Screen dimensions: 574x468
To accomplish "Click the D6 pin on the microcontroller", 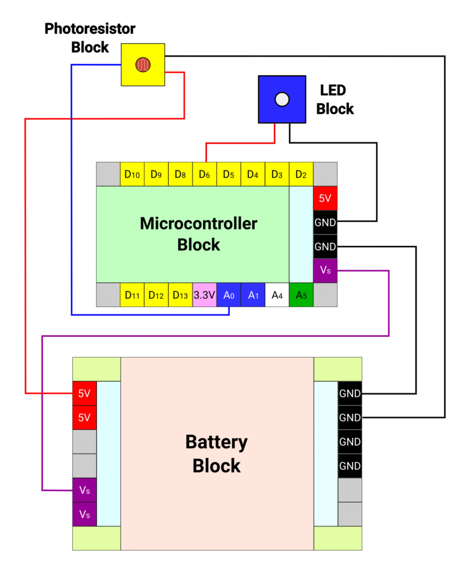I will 204,174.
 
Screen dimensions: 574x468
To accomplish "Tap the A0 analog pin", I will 228,295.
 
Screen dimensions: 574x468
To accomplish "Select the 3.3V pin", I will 204,295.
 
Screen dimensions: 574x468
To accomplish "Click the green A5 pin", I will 301,295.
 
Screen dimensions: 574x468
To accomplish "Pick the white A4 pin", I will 277,295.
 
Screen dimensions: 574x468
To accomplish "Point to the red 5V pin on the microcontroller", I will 325,198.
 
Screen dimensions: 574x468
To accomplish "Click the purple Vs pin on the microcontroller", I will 325,271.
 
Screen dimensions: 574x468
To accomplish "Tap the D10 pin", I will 132,174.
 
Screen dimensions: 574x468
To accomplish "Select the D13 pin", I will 180,295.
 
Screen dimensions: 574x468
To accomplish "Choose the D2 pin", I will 301,174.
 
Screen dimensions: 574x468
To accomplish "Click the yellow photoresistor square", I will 143,64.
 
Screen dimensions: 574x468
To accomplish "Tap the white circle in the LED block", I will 282,99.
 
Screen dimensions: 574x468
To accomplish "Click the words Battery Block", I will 217,454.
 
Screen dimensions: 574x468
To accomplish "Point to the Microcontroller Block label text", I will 199,234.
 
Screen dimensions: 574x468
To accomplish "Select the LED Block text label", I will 335,99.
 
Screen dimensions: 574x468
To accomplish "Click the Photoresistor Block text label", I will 90,38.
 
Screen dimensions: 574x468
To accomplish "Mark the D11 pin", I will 132,295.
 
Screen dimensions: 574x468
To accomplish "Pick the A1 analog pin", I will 253,295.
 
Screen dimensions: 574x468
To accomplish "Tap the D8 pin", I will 180,174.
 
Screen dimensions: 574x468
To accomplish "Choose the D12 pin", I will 156,295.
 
